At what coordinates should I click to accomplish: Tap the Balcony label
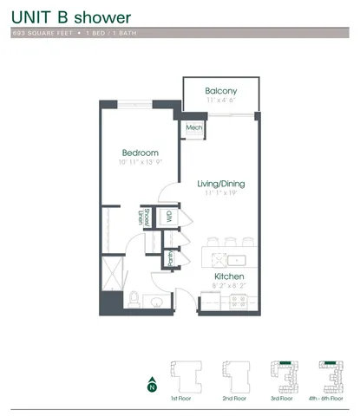point(221,91)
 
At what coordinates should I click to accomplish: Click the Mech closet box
point(193,127)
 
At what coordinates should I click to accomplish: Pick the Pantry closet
point(171,258)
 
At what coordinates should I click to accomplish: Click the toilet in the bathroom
point(134,300)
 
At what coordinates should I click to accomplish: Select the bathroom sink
point(158,302)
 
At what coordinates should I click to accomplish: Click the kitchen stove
point(239,302)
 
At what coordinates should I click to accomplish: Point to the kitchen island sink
point(235,258)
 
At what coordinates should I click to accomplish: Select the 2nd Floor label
point(233,399)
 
